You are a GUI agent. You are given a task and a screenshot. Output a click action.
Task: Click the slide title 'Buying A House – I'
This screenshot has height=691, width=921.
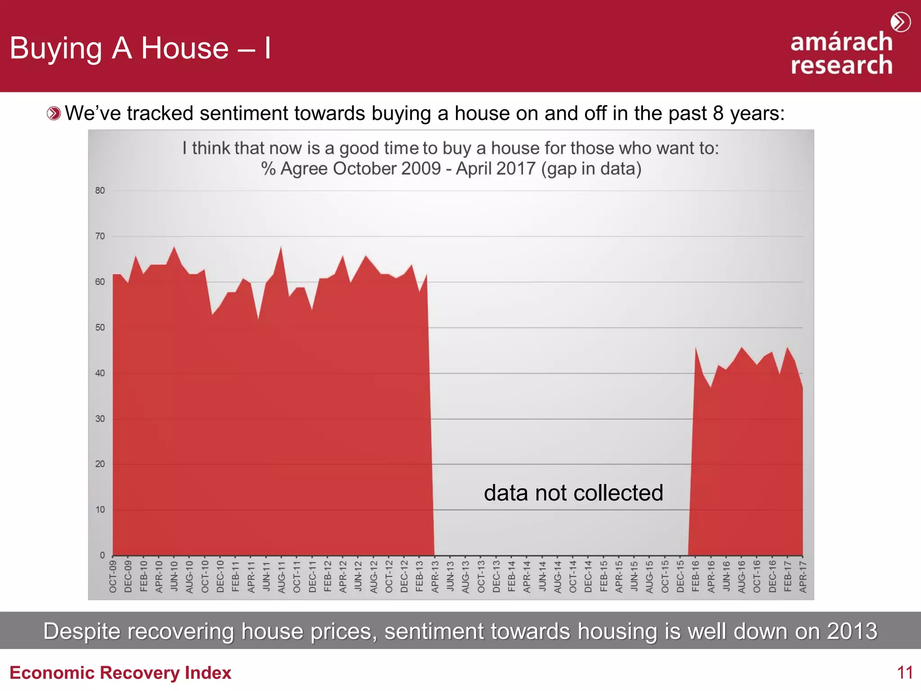(140, 48)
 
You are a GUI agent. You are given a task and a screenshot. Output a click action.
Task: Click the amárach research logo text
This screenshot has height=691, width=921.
(841, 54)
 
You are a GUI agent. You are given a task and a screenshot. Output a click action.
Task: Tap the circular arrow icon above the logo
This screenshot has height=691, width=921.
(900, 22)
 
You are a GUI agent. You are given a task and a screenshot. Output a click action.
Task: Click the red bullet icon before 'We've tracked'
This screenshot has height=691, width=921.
(54, 113)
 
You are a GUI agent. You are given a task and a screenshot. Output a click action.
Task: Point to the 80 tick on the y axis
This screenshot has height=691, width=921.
(100, 191)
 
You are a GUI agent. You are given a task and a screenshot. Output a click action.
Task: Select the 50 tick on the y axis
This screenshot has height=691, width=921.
(100, 328)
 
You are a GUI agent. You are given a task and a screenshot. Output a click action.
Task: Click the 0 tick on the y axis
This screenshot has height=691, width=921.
(102, 555)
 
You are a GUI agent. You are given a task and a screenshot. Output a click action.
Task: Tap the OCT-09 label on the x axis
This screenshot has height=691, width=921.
(113, 576)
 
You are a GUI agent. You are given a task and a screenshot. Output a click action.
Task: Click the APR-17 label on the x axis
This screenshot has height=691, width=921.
(803, 576)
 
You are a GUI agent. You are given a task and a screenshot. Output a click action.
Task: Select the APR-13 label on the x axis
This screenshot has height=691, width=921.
(435, 576)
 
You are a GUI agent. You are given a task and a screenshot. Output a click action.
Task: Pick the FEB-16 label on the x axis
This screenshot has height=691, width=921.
(696, 576)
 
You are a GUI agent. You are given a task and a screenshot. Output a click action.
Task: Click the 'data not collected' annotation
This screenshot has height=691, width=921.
(573, 493)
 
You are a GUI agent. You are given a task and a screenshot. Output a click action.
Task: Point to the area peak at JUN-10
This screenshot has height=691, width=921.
(174, 247)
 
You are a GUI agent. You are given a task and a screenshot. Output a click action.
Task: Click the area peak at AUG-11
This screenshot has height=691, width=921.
(282, 247)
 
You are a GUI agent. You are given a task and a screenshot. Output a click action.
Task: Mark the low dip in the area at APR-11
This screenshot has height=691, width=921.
(258, 319)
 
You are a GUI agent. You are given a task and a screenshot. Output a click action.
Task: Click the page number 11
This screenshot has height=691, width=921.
(904, 673)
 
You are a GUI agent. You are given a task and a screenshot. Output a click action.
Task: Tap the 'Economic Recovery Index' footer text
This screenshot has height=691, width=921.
(120, 673)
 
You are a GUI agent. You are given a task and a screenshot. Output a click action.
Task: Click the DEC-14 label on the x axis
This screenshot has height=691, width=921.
(588, 576)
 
